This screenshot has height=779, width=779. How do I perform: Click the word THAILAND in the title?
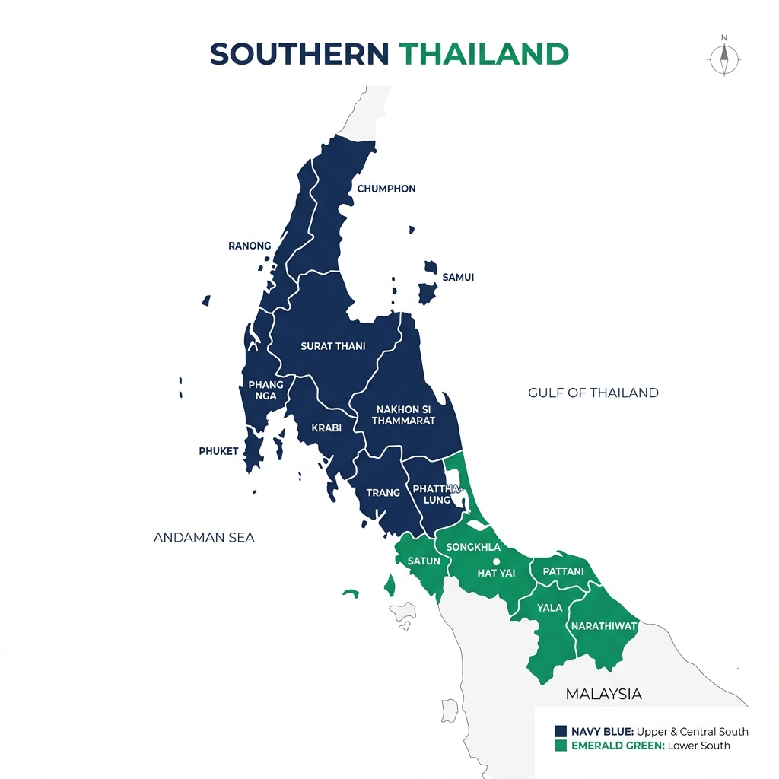click(484, 53)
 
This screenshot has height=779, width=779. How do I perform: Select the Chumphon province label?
click(386, 189)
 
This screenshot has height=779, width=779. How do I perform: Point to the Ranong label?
click(250, 246)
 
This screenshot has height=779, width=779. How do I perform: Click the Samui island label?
click(458, 278)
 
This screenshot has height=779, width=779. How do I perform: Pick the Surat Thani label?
click(333, 346)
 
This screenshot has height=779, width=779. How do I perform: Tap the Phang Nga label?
click(265, 390)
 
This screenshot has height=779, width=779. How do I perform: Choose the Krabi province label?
click(326, 428)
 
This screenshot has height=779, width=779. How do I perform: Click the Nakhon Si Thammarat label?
click(403, 415)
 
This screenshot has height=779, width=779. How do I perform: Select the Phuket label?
click(219, 451)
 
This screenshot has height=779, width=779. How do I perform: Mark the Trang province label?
click(383, 493)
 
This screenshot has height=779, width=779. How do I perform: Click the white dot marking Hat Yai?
click(496, 561)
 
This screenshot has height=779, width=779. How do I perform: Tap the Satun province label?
click(424, 561)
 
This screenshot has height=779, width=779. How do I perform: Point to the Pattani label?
click(562, 571)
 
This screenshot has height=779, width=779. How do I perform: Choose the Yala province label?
click(549, 608)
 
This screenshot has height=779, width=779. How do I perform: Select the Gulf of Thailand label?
click(593, 393)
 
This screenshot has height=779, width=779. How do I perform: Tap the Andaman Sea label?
click(204, 538)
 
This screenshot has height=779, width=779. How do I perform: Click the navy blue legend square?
click(561, 732)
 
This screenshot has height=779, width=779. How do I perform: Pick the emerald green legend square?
click(561, 746)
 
